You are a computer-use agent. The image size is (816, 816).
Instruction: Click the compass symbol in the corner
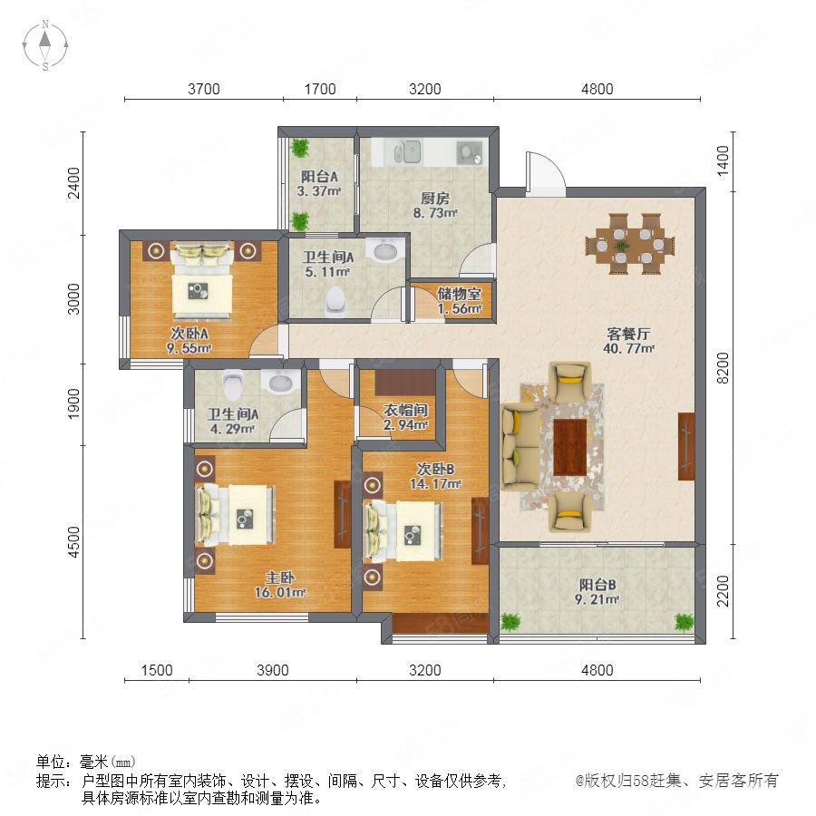(x=45, y=45)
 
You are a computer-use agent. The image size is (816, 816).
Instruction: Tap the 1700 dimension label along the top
(x=319, y=89)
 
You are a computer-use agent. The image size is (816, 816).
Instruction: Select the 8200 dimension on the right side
(x=723, y=367)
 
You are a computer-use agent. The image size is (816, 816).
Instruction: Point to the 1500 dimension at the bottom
(x=157, y=670)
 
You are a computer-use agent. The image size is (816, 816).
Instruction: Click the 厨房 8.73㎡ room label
(x=435, y=205)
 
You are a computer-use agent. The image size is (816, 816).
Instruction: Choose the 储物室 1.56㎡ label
(x=459, y=301)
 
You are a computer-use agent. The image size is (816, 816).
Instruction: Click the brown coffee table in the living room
(x=570, y=447)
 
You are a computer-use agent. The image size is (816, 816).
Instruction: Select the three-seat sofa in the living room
(x=520, y=446)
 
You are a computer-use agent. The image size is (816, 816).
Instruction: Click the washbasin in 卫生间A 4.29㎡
(x=281, y=382)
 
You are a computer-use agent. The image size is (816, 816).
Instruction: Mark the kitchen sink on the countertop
(x=407, y=151)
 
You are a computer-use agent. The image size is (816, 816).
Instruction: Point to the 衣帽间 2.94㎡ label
(x=406, y=417)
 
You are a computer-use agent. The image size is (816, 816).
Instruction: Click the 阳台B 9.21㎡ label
(x=597, y=592)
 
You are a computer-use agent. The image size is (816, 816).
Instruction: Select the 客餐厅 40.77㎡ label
(x=628, y=341)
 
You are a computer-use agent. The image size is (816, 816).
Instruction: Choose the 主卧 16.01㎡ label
(x=280, y=585)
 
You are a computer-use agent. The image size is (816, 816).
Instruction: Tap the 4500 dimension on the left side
(x=74, y=542)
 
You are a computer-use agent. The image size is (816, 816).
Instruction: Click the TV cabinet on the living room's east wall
(x=686, y=446)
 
